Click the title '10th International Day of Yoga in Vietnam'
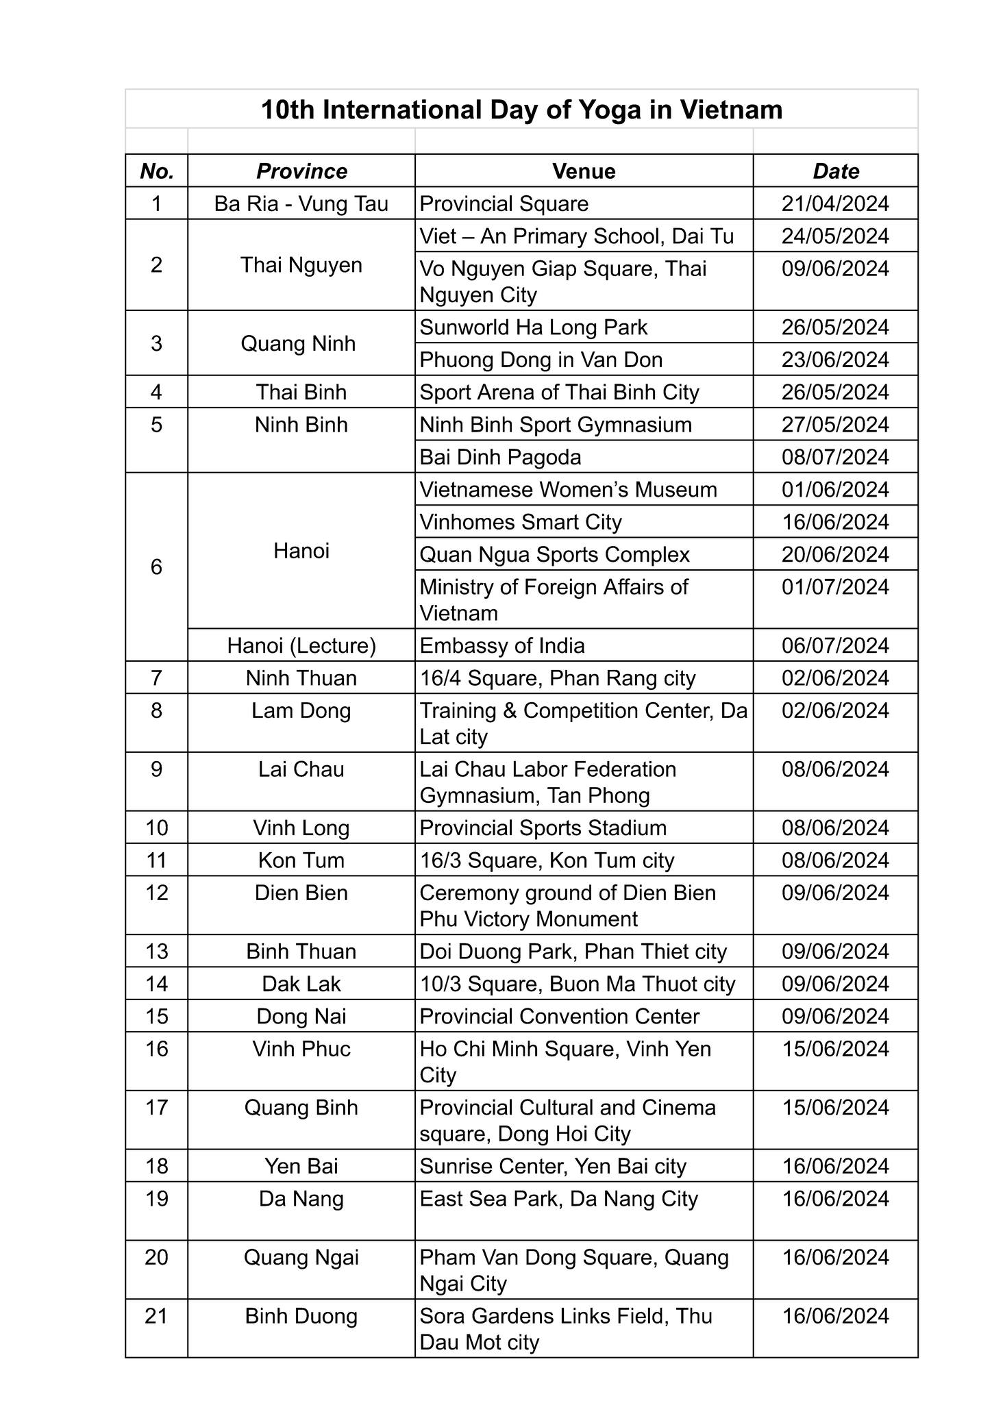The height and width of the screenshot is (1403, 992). pyautogui.click(x=521, y=110)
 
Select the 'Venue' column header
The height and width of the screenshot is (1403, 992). pyautogui.click(x=584, y=171)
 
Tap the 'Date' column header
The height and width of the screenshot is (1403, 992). pyautogui.click(x=835, y=171)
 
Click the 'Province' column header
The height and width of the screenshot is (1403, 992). pyautogui.click(x=301, y=171)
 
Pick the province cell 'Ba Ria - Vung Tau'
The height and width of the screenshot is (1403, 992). pyautogui.click(x=301, y=203)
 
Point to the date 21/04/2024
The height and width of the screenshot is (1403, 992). pyautogui.click(x=835, y=203)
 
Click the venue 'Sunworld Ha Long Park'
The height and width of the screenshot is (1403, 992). pyautogui.click(x=533, y=327)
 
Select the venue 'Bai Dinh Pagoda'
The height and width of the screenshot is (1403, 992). pyautogui.click(x=500, y=457)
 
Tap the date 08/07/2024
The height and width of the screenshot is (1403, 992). pyautogui.click(x=835, y=457)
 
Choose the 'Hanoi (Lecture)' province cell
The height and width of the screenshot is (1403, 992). pyautogui.click(x=301, y=645)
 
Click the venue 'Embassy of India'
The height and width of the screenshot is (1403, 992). pyautogui.click(x=502, y=645)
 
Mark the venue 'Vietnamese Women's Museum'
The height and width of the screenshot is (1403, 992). pyautogui.click(x=568, y=490)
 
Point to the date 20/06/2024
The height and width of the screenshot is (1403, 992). pyautogui.click(x=835, y=554)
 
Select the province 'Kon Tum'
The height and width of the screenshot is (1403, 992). pyautogui.click(x=301, y=860)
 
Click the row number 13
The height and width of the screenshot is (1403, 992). pyautogui.click(x=157, y=952)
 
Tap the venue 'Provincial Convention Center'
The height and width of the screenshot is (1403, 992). pyautogui.click(x=559, y=1017)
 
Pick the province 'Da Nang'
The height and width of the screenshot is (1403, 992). pyautogui.click(x=301, y=1199)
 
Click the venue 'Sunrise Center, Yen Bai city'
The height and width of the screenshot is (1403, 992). pyautogui.click(x=553, y=1166)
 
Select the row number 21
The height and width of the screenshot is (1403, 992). pyautogui.click(x=157, y=1316)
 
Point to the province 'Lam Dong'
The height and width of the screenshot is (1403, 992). pyautogui.click(x=301, y=710)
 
